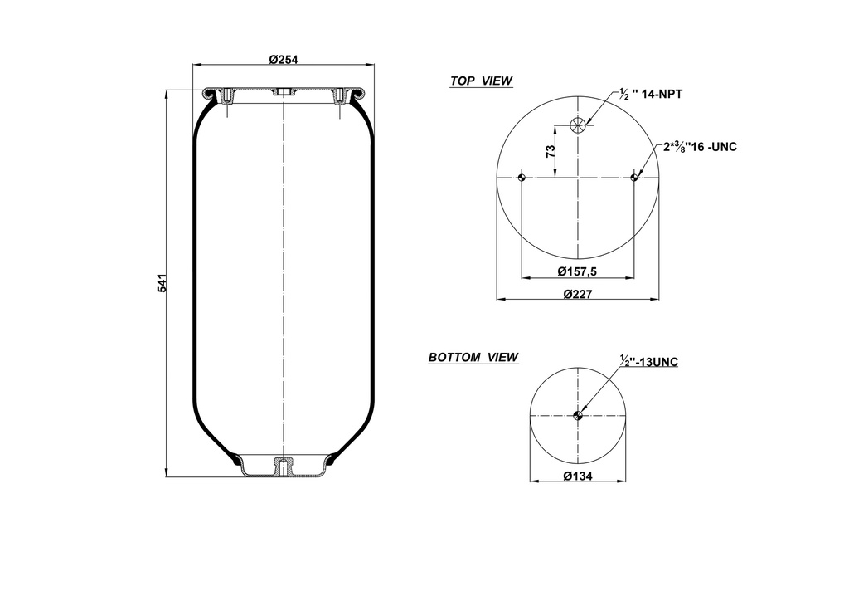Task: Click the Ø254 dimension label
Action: click(x=284, y=59)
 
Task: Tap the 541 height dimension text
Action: click(x=163, y=282)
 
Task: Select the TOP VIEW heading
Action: click(x=481, y=81)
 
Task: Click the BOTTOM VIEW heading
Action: click(x=473, y=358)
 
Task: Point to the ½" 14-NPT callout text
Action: click(x=650, y=95)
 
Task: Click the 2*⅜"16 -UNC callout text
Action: click(x=700, y=147)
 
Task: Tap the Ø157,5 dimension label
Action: click(x=577, y=271)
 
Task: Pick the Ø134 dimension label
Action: click(x=577, y=476)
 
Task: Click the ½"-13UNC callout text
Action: click(x=649, y=362)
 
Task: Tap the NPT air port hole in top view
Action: click(x=578, y=125)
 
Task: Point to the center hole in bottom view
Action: click(x=578, y=416)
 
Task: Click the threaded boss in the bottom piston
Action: click(x=283, y=467)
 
